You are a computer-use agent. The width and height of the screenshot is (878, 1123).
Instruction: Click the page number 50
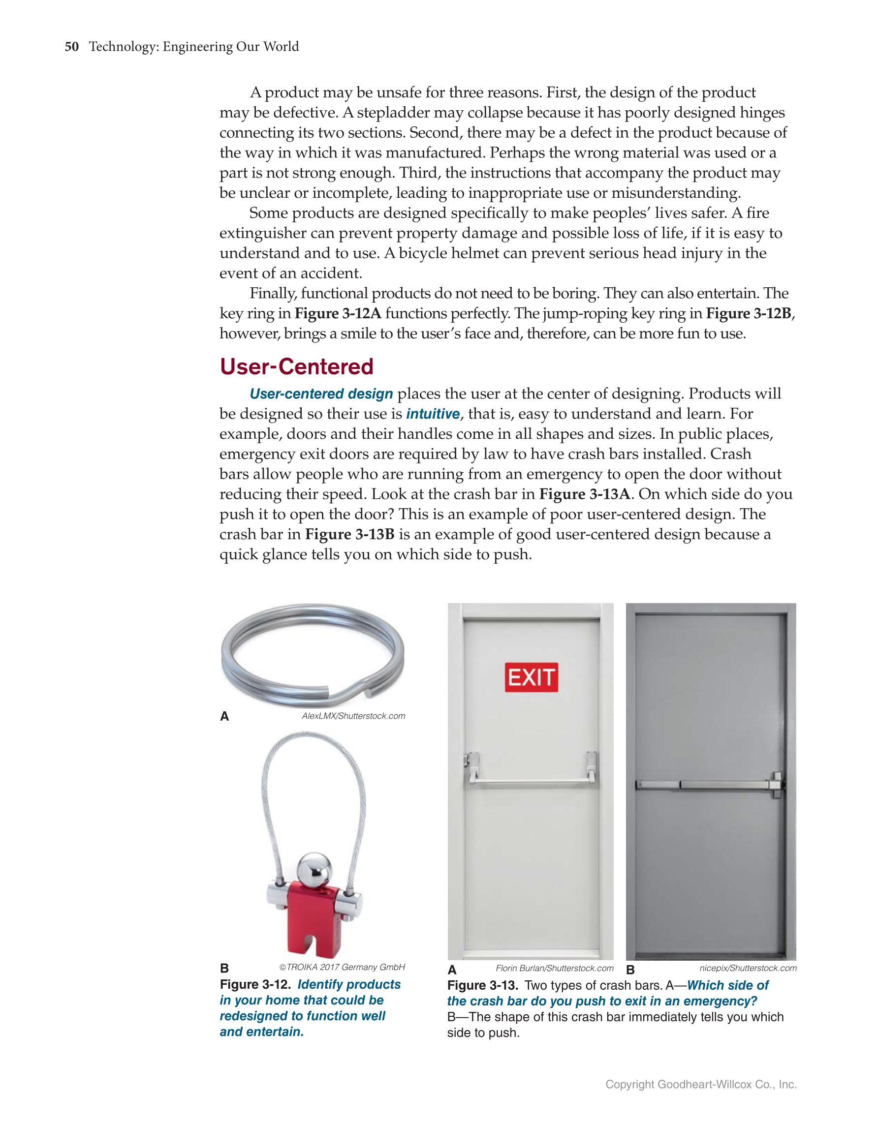(71, 47)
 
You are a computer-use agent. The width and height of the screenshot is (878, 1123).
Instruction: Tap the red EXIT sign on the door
(531, 677)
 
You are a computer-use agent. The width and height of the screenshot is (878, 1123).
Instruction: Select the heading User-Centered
(296, 366)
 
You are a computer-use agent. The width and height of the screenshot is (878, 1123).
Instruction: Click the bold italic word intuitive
(433, 414)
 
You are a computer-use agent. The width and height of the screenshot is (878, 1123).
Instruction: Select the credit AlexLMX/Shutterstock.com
(353, 716)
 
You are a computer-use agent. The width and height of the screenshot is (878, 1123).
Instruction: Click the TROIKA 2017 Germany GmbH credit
(342, 967)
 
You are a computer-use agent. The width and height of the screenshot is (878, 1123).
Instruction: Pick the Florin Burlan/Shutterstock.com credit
(555, 968)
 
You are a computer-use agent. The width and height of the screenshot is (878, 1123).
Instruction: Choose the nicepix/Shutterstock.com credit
(748, 968)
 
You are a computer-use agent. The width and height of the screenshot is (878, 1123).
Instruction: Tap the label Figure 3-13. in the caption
(482, 985)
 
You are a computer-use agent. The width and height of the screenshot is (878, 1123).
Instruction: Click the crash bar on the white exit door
(531, 782)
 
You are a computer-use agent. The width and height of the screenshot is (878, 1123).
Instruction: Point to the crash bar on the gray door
(710, 785)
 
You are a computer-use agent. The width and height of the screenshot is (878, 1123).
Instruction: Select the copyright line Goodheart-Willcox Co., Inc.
(700, 1085)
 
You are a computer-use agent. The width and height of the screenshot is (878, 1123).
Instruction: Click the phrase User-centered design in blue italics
(321, 394)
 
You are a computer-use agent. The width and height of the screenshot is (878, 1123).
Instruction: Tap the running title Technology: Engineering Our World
(194, 47)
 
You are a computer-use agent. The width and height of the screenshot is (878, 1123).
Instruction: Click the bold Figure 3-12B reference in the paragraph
(749, 313)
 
